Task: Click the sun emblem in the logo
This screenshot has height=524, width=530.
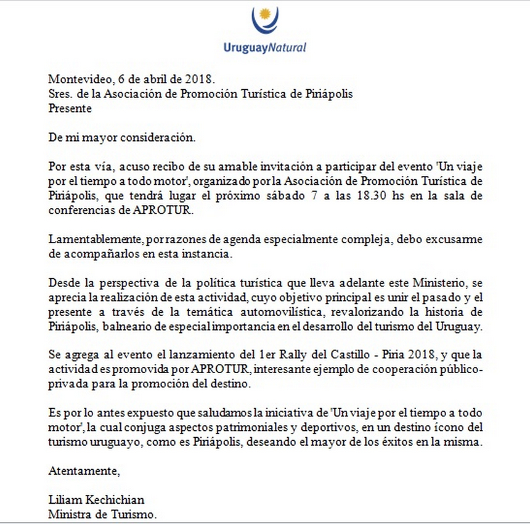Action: (266, 14)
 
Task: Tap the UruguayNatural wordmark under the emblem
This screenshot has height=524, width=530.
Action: (265, 47)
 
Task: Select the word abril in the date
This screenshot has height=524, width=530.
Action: (157, 79)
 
